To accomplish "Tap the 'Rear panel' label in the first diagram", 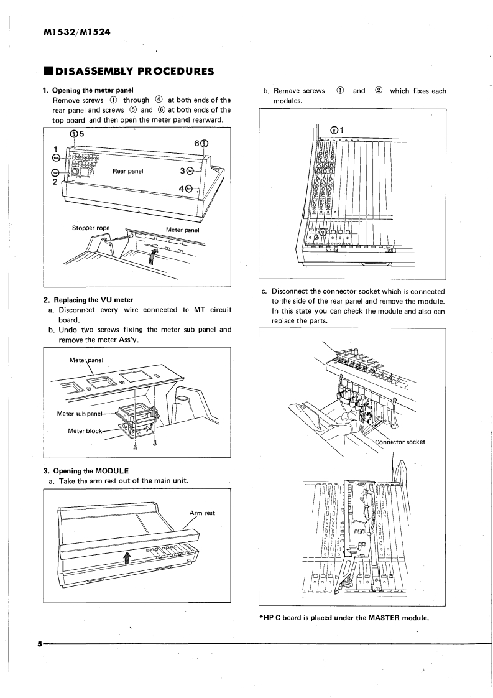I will pyautogui.click(x=128, y=170).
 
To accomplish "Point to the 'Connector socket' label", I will pyautogui.click(x=400, y=442).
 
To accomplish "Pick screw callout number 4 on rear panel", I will pyautogui.click(x=182, y=188).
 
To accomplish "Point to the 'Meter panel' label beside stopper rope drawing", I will pyautogui.click(x=182, y=228).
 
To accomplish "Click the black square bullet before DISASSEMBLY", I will pyautogui.click(x=48, y=72).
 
